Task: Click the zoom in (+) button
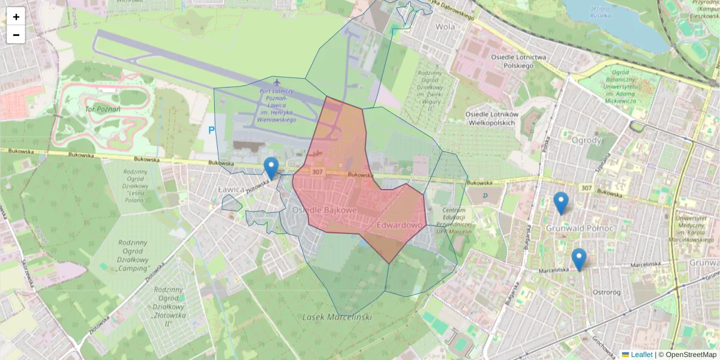click(16, 17)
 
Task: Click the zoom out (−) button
click(16, 35)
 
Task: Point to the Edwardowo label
click(400, 225)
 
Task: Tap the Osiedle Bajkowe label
click(325, 211)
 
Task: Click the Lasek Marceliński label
click(337, 317)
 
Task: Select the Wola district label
click(445, 26)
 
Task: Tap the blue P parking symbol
click(211, 130)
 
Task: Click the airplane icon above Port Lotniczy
click(277, 82)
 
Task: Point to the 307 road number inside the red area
click(318, 172)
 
